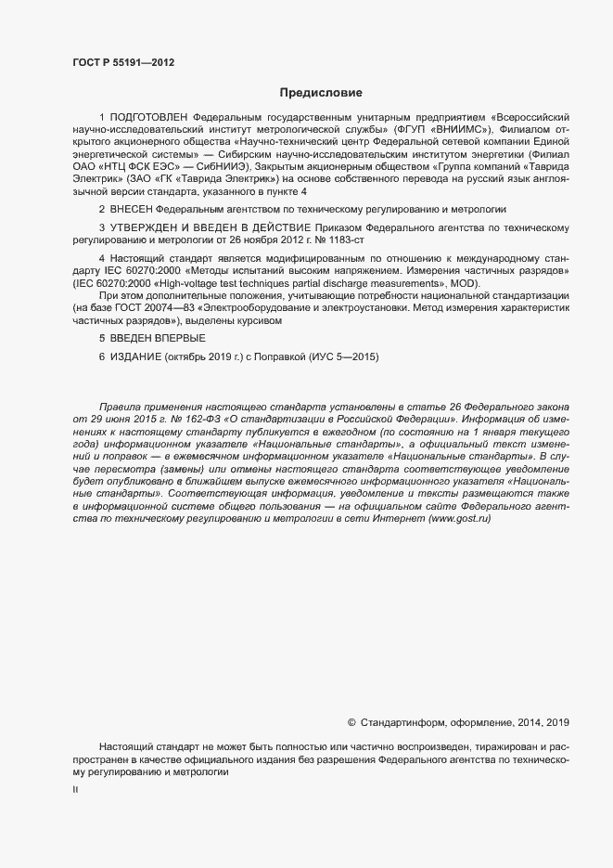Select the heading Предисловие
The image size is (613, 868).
pos(320,93)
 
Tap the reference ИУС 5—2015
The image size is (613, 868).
pos(340,356)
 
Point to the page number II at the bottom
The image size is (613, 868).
pos(75,789)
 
